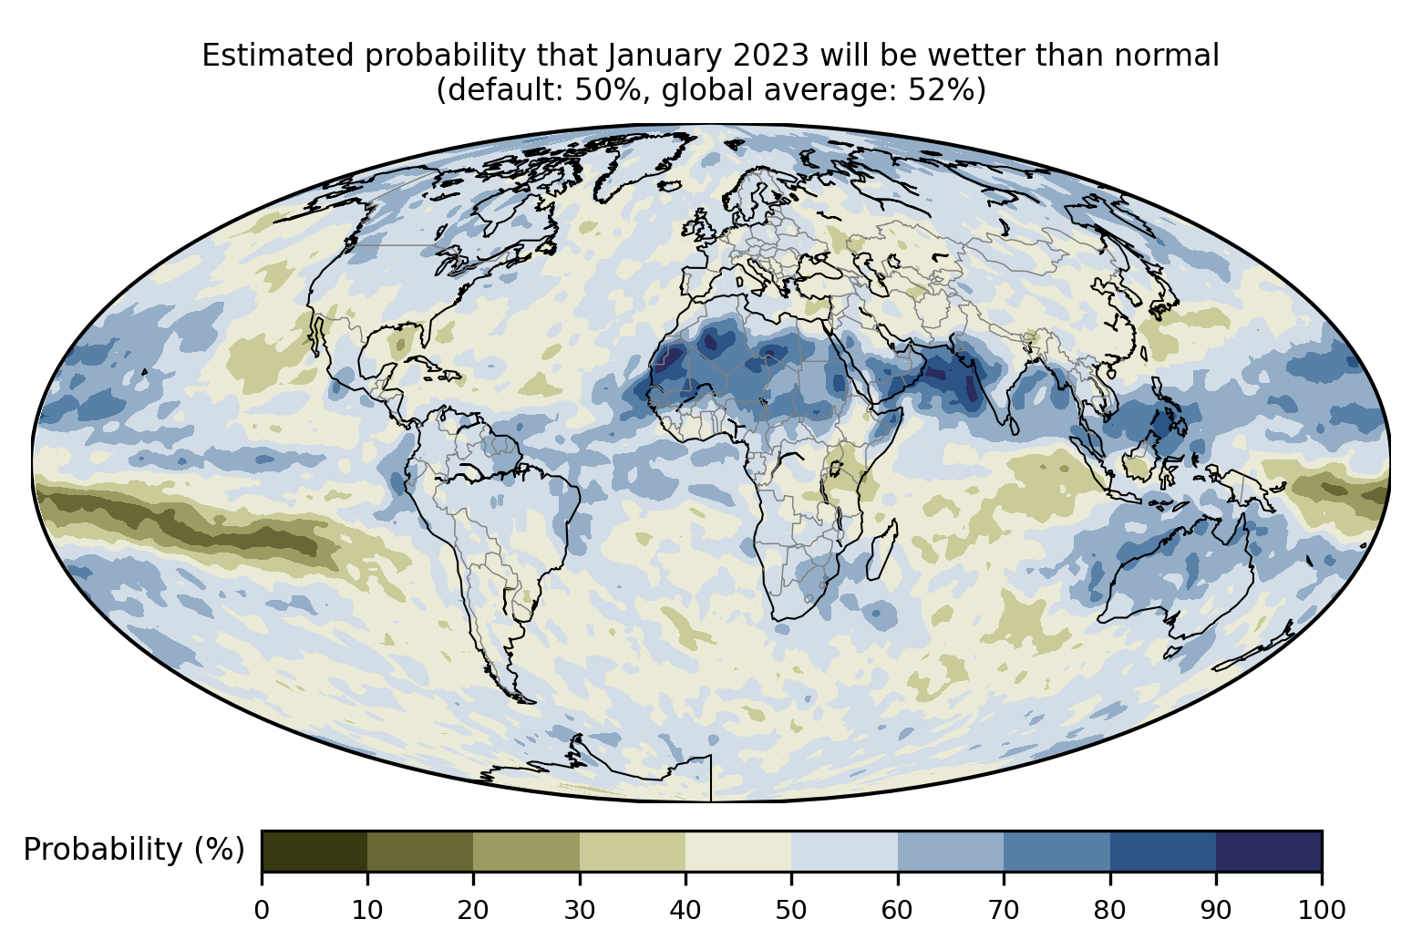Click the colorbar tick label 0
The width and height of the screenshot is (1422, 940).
262,910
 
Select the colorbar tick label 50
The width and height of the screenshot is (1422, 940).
791,910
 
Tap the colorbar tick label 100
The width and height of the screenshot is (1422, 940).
1322,910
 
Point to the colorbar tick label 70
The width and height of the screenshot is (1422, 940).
1003,910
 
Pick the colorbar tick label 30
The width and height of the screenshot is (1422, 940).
580,910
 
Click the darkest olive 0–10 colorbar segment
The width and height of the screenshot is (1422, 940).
314,851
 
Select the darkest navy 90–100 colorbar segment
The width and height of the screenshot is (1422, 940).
1269,851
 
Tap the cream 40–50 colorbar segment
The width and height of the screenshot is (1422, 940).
738,851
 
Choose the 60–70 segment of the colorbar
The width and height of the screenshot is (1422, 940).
951,851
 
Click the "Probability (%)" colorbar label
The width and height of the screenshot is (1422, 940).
134,850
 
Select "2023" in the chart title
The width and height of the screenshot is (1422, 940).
771,56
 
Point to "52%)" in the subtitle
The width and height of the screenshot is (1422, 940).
947,90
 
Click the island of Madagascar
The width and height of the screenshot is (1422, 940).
882,550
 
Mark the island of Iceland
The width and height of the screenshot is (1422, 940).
670,186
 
